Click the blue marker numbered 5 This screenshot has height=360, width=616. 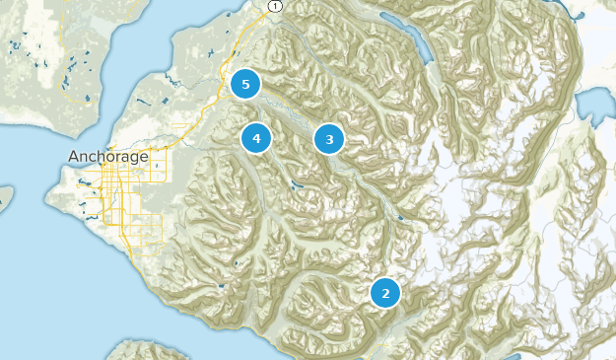245,84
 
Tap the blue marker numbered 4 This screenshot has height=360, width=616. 256,139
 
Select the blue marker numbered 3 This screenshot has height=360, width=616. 329,139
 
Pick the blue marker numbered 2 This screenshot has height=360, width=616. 385,292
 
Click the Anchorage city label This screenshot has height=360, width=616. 108,157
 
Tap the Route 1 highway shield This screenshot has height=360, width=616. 273,6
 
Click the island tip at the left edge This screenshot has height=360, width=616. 4,197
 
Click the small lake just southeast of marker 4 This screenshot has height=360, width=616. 293,184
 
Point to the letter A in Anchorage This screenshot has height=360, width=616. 74,157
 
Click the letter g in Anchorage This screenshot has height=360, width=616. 133,159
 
